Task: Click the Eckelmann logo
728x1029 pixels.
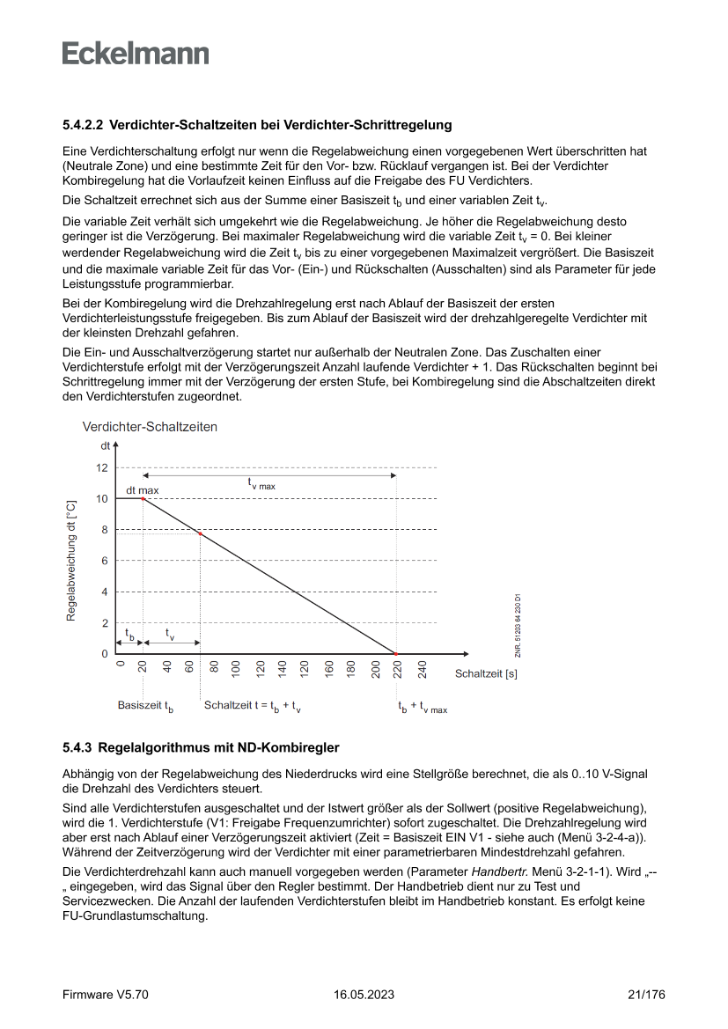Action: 136,54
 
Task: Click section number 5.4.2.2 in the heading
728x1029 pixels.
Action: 83,126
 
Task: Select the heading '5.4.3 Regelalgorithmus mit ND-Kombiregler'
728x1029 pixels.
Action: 201,747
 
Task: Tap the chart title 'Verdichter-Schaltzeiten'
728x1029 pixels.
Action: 150,427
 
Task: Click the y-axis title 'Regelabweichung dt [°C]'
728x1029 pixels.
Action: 71,562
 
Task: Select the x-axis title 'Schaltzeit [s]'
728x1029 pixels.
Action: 486,674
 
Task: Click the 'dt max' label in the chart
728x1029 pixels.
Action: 143,489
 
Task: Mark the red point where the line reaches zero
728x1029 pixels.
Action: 396,654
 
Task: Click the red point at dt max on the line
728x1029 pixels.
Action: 143,499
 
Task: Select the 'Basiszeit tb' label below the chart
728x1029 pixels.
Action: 145,706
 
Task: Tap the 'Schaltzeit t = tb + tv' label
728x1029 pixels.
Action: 253,706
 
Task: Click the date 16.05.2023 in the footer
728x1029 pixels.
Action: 364,996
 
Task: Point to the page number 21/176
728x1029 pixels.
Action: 646,996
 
